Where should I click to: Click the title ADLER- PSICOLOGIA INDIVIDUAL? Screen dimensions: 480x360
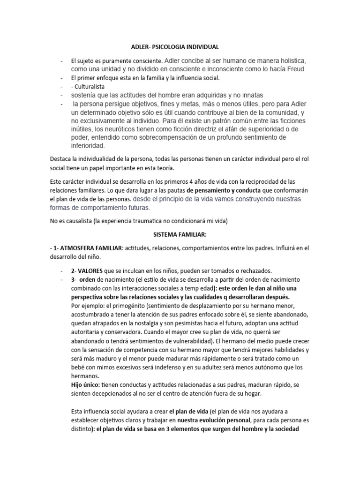coord(174,47)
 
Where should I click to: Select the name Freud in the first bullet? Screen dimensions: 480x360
coord(295,69)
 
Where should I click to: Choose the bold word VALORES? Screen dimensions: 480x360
coord(90,271)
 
